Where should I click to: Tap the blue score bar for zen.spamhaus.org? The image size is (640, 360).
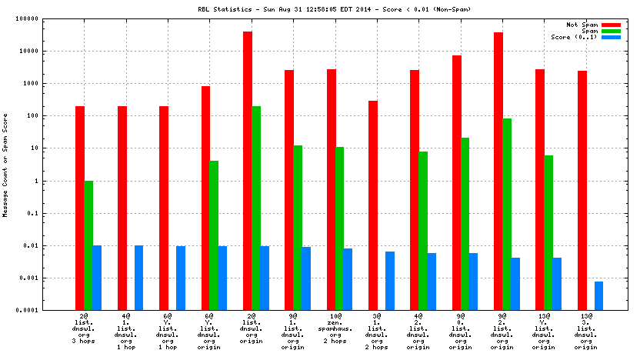(x=348, y=278)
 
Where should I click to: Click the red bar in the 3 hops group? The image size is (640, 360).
(x=80, y=208)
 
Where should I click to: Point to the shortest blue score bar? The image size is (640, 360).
(x=599, y=295)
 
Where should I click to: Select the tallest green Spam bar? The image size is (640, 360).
(x=256, y=208)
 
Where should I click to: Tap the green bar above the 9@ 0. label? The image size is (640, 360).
(x=465, y=223)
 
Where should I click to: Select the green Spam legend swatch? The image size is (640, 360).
(x=611, y=31)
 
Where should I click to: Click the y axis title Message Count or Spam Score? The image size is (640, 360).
(x=5, y=165)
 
